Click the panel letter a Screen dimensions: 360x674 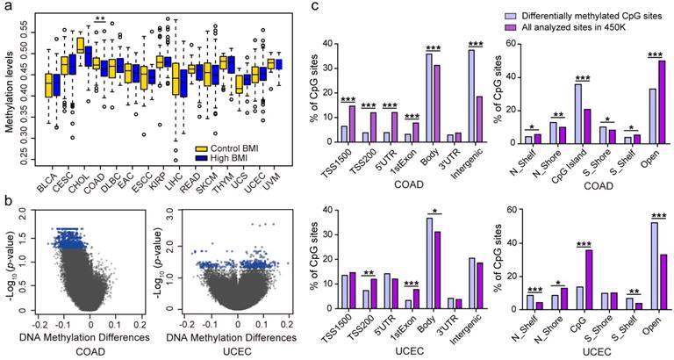[x=7, y=8]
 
